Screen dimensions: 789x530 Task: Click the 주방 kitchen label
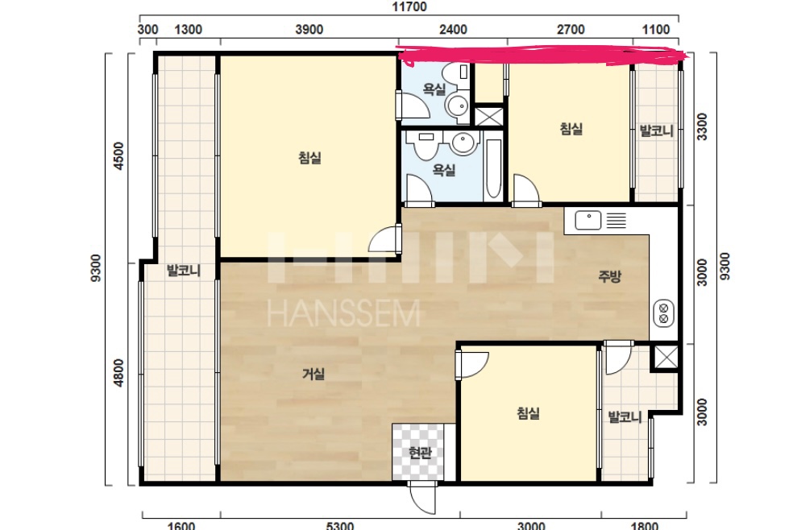pos(609,275)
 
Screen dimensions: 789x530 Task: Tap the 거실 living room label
pos(313,374)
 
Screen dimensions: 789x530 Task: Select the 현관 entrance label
pos(420,453)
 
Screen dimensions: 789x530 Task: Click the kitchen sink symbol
pos(588,220)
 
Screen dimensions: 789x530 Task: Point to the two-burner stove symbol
pos(663,313)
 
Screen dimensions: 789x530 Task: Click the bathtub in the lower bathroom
pos(493,168)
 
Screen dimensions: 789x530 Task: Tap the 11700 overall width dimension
pos(409,6)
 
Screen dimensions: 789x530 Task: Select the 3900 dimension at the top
pos(309,30)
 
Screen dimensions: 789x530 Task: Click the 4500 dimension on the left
pos(118,156)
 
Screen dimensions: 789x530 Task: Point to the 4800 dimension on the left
pos(118,373)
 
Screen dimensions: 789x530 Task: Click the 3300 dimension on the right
pos(701,126)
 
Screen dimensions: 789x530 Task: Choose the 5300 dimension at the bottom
pos(340,526)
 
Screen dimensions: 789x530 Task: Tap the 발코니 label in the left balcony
pos(184,271)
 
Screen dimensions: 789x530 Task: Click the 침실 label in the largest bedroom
pos(309,158)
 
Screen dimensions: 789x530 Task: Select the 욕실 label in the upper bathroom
pos(434,89)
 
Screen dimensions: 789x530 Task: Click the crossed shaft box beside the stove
pos(666,358)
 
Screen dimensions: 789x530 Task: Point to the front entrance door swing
pos(422,498)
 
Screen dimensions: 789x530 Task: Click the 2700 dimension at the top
pos(571,30)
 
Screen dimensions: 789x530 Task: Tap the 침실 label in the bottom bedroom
pos(528,413)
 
